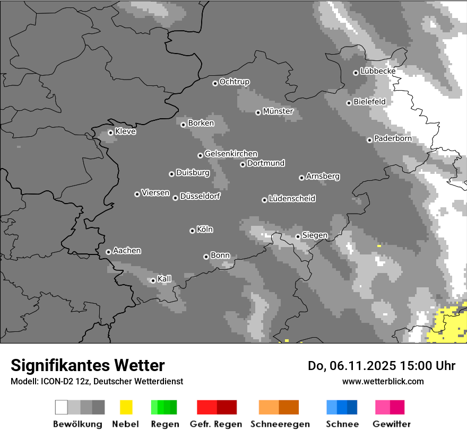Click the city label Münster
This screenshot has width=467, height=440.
(x=278, y=111)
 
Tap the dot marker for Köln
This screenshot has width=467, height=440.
(x=192, y=231)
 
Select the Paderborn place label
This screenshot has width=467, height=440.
(x=393, y=139)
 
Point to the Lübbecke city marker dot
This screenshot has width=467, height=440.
(x=356, y=73)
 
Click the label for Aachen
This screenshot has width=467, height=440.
(x=127, y=251)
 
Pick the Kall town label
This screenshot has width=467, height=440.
(x=165, y=279)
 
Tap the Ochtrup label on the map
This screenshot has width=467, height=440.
(x=235, y=82)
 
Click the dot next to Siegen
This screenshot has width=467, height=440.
(x=298, y=236)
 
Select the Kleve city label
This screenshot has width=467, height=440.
(x=125, y=131)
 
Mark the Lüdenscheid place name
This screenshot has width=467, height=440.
(x=292, y=199)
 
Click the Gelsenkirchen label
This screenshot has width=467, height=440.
(x=231, y=154)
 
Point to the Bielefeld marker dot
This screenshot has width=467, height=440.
(x=349, y=103)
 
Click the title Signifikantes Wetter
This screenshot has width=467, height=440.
(x=88, y=365)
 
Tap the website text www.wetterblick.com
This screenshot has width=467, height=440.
(x=383, y=381)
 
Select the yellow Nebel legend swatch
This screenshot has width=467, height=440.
(x=126, y=407)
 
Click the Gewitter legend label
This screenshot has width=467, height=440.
(x=392, y=424)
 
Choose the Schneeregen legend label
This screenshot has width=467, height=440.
(x=280, y=424)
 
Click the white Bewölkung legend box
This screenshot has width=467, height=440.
(x=62, y=407)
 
